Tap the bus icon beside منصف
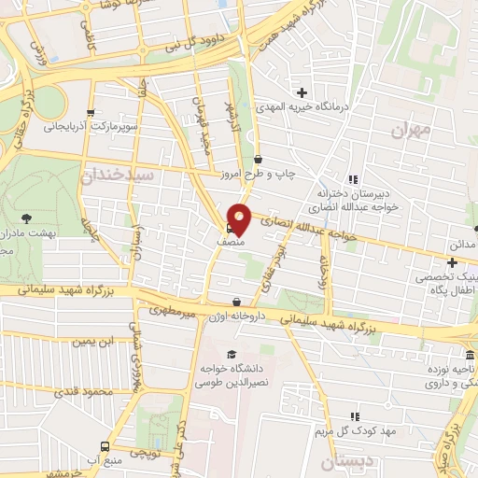(x=230, y=226)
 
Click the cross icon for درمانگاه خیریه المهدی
(x=302, y=92)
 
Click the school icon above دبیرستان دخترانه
(x=353, y=179)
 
